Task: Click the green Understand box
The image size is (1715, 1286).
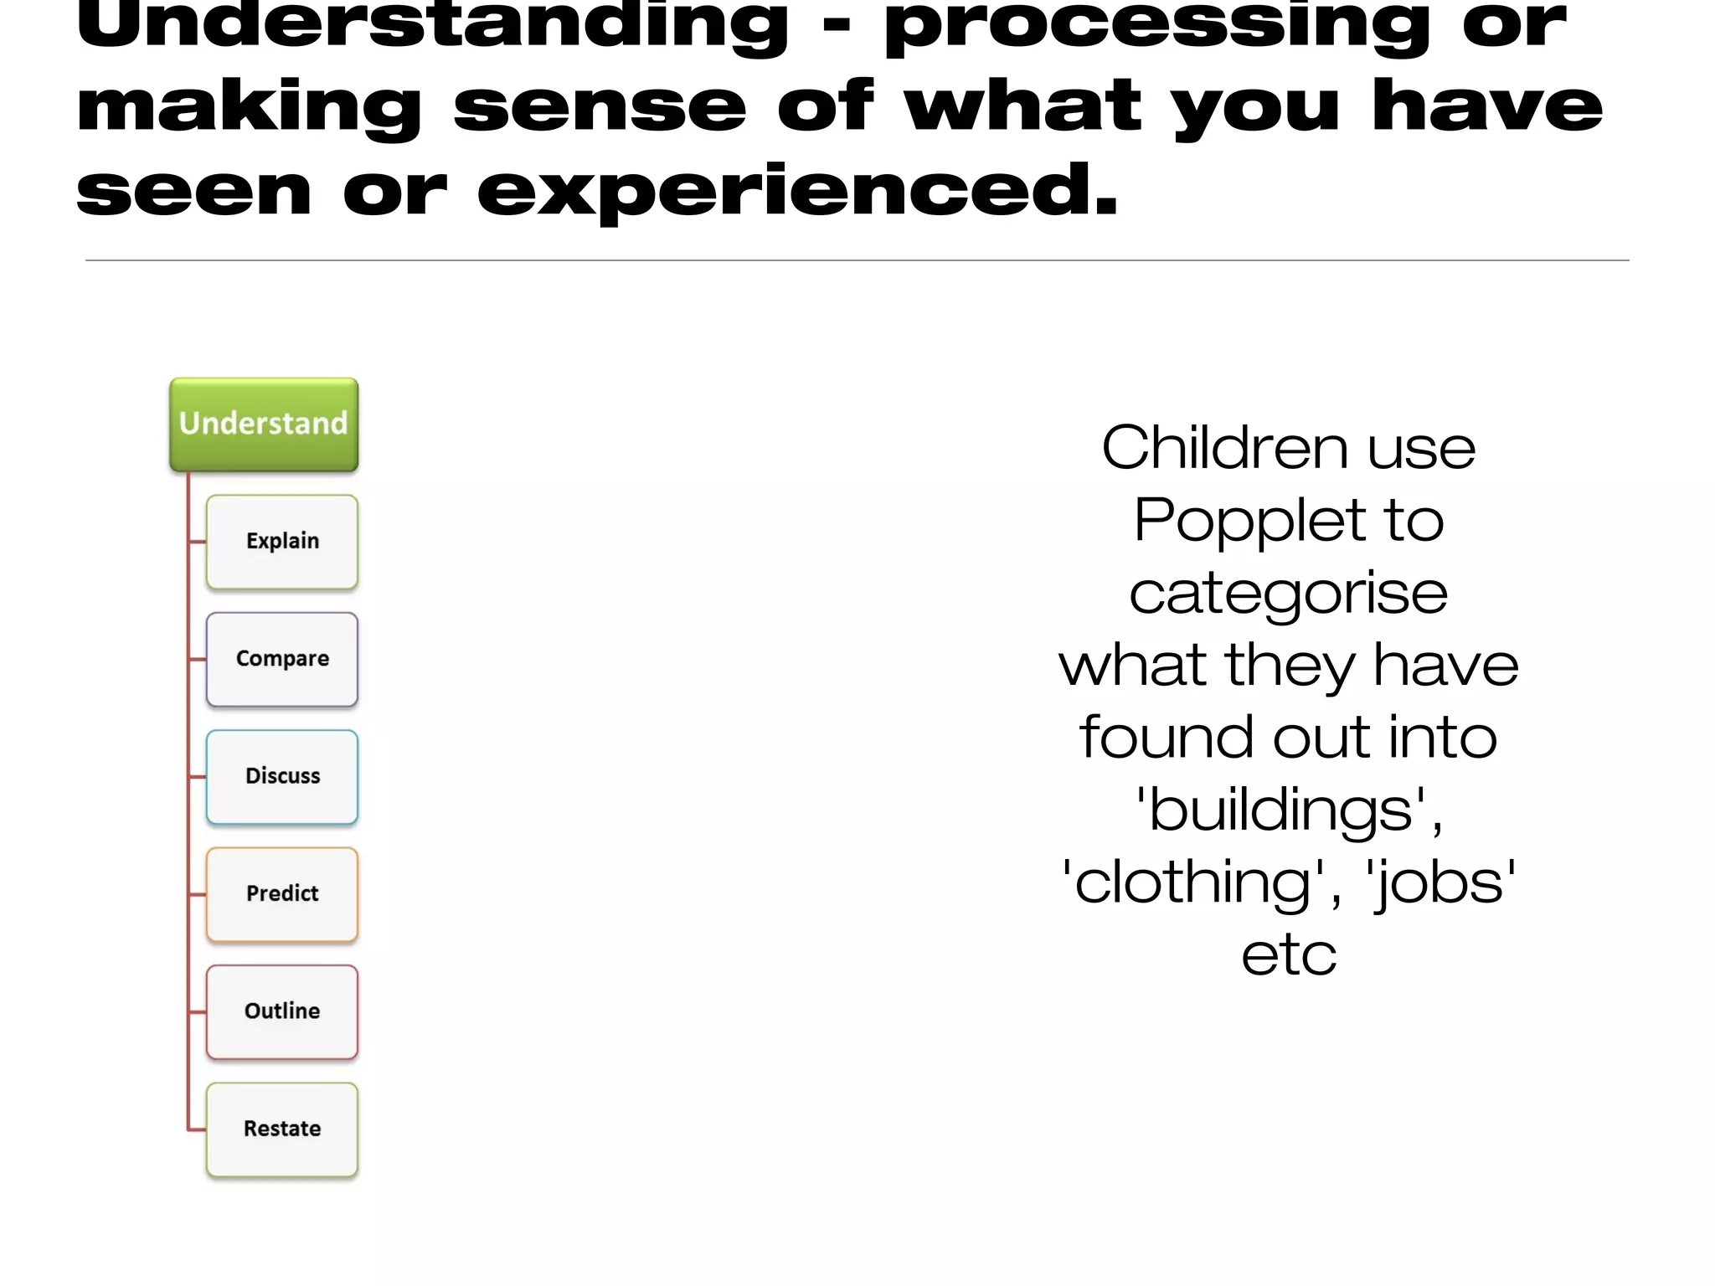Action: click(264, 424)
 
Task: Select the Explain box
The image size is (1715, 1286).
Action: click(282, 542)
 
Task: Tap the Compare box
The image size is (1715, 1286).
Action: click(282, 659)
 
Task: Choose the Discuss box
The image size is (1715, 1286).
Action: click(282, 776)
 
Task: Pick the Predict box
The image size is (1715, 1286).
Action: click(282, 894)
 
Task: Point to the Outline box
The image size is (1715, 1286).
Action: click(282, 1011)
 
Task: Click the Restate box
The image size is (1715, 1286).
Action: click(282, 1129)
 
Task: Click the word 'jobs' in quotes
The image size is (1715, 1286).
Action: click(1440, 884)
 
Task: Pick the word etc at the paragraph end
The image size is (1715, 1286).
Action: click(1289, 955)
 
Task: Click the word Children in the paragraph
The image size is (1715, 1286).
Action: click(1224, 448)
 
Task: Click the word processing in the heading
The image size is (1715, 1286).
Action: click(1156, 25)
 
